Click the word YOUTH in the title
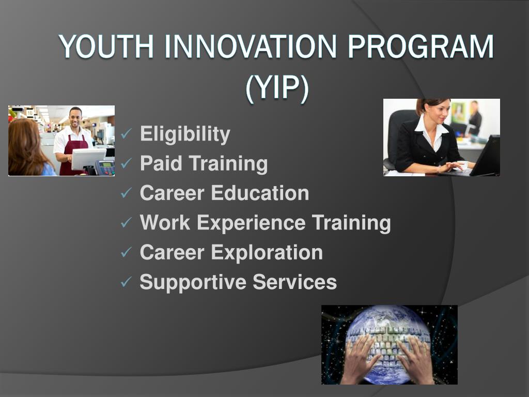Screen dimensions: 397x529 tap(106, 48)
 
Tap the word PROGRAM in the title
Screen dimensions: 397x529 tap(420, 48)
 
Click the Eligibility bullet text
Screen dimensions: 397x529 tap(185, 134)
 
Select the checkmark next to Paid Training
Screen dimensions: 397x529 tap(126, 164)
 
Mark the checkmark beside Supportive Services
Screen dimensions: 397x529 tap(126, 283)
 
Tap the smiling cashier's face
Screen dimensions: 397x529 tap(75, 118)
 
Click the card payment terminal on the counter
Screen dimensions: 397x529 tap(105, 168)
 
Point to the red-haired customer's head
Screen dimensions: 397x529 tap(24, 137)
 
